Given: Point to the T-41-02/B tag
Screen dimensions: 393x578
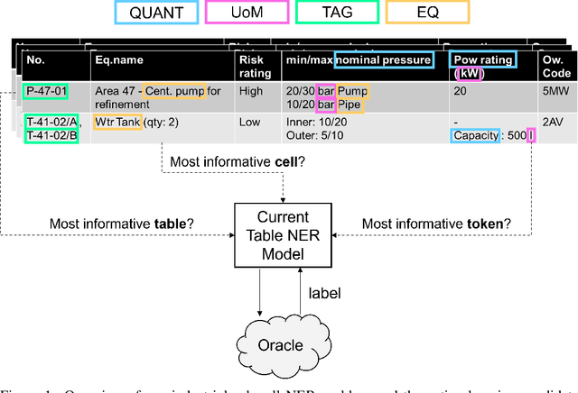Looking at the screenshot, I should tap(52, 135).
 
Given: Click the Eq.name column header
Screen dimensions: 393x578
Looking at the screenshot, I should tap(119, 60).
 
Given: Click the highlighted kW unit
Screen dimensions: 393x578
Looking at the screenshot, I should tap(468, 74).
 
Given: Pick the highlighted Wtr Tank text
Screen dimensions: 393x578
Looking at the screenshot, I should tap(117, 122).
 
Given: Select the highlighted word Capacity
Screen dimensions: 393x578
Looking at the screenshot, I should tap(475, 135).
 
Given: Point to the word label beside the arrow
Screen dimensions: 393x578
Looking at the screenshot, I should tap(323, 292).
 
